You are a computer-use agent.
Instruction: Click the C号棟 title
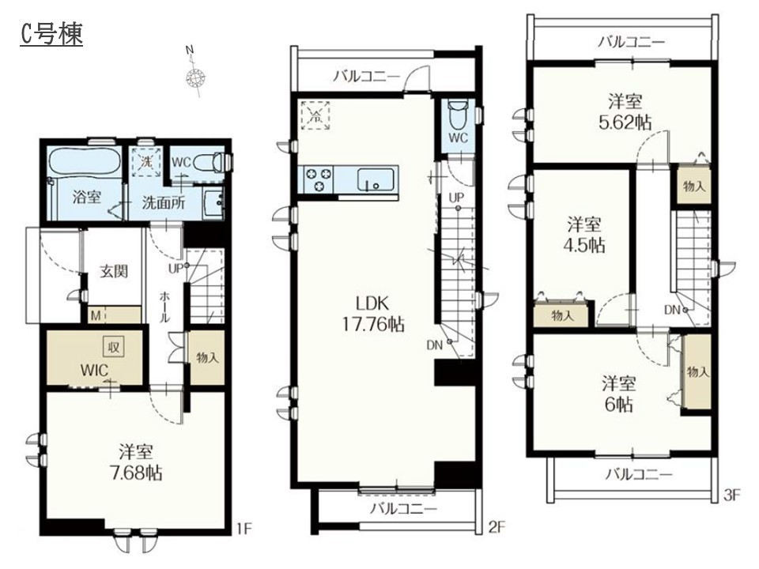[52, 34]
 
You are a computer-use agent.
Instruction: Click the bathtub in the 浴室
[85, 161]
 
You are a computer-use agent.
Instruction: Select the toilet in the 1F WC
[213, 162]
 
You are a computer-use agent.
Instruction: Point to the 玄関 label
[114, 271]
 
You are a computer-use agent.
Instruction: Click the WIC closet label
[94, 371]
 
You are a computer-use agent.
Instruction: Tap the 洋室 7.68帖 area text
[136, 462]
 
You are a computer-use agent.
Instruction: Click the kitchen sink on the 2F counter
[375, 179]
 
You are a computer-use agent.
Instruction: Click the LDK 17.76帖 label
[373, 314]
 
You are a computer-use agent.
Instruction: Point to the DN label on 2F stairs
[434, 345]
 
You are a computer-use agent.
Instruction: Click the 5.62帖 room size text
[625, 122]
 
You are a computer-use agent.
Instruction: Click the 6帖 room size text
[618, 404]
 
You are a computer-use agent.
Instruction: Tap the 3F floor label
[732, 495]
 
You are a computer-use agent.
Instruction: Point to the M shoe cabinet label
[96, 316]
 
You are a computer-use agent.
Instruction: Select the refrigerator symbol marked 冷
[315, 115]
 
